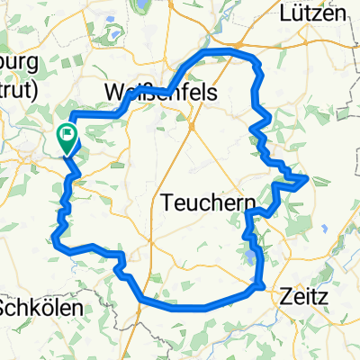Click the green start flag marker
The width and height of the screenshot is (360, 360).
[67, 138]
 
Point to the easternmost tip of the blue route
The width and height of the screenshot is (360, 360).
[308, 177]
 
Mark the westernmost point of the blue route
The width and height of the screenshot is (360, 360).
[56, 238]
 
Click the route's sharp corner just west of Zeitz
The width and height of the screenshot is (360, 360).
[261, 286]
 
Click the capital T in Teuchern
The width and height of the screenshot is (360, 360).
[168, 204]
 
